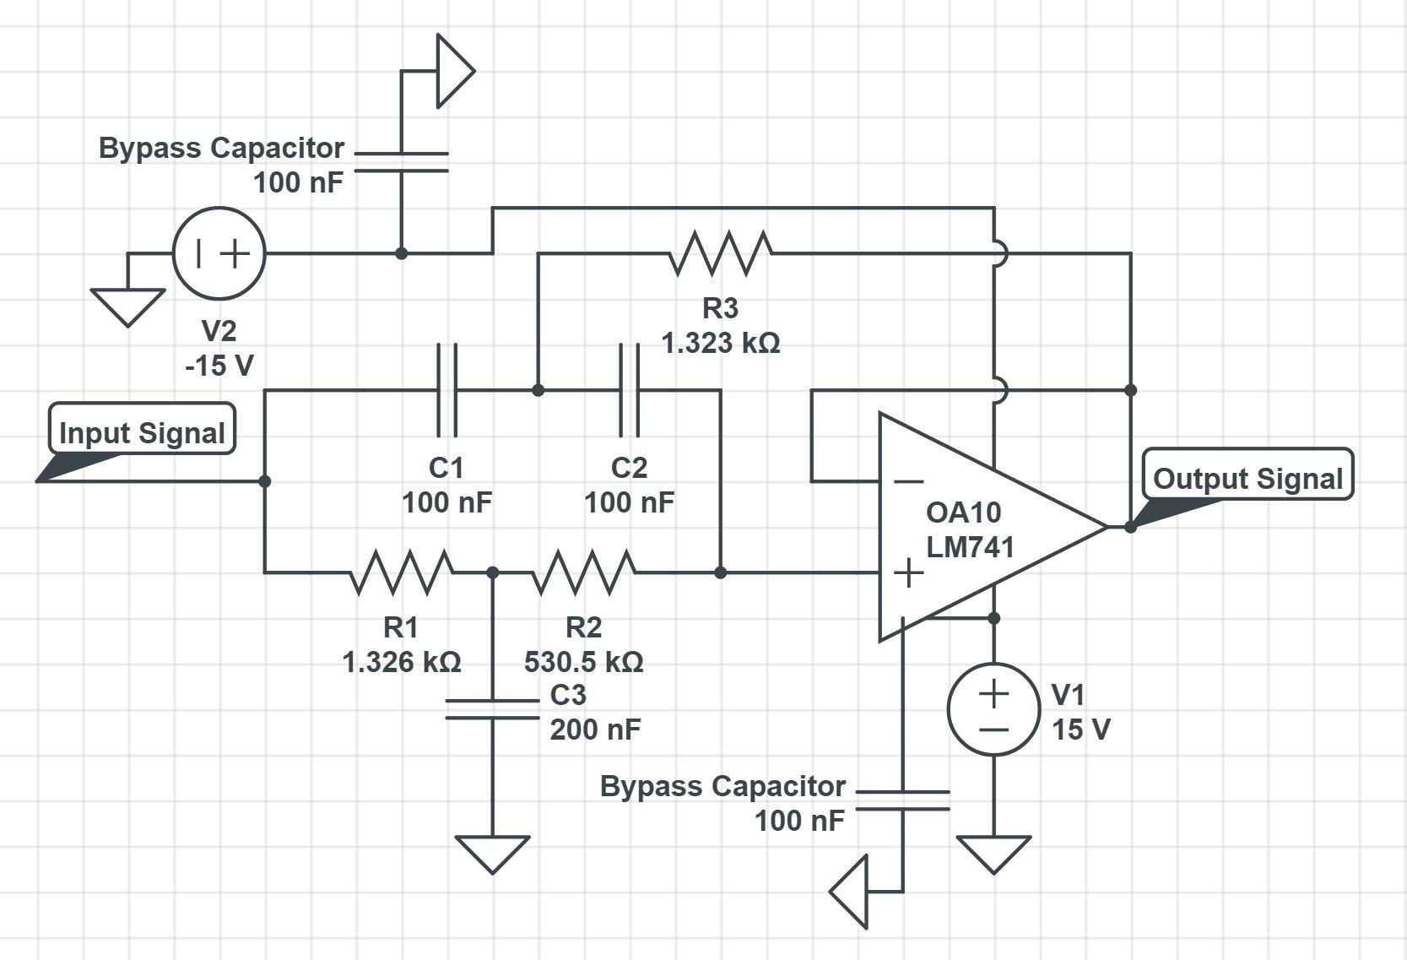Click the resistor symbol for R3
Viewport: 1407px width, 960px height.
(720, 252)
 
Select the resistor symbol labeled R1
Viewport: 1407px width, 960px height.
(401, 572)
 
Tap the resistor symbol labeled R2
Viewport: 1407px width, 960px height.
(583, 572)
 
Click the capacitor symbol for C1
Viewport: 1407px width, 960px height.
(446, 389)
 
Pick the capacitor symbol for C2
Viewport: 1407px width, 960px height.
(629, 389)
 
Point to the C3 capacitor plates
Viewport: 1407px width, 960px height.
(492, 709)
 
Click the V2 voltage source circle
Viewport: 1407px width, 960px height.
(219, 252)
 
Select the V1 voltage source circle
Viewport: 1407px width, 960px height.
(993, 709)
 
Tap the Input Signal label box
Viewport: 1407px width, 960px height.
(142, 431)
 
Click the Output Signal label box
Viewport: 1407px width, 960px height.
(1247, 477)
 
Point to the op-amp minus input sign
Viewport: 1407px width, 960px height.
(908, 481)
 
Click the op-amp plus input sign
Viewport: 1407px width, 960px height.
(908, 572)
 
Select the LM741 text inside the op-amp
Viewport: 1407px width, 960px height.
(970, 547)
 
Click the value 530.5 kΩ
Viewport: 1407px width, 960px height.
(583, 662)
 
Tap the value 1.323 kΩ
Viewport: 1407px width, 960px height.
(720, 344)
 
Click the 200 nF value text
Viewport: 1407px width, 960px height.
(595, 729)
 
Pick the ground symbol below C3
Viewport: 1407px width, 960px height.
(492, 853)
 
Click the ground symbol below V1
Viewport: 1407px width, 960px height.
(993, 853)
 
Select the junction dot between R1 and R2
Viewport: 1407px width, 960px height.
(493, 572)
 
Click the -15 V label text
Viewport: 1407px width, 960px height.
(219, 365)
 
